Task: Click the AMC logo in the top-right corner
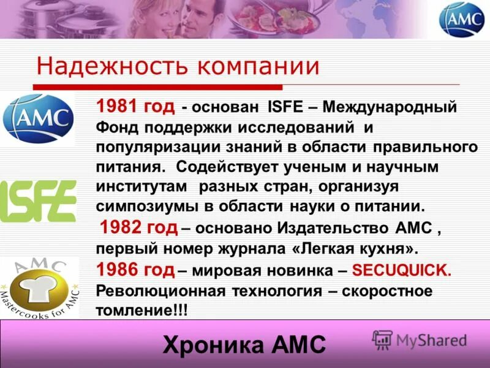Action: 461,19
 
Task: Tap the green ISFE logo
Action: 38,201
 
